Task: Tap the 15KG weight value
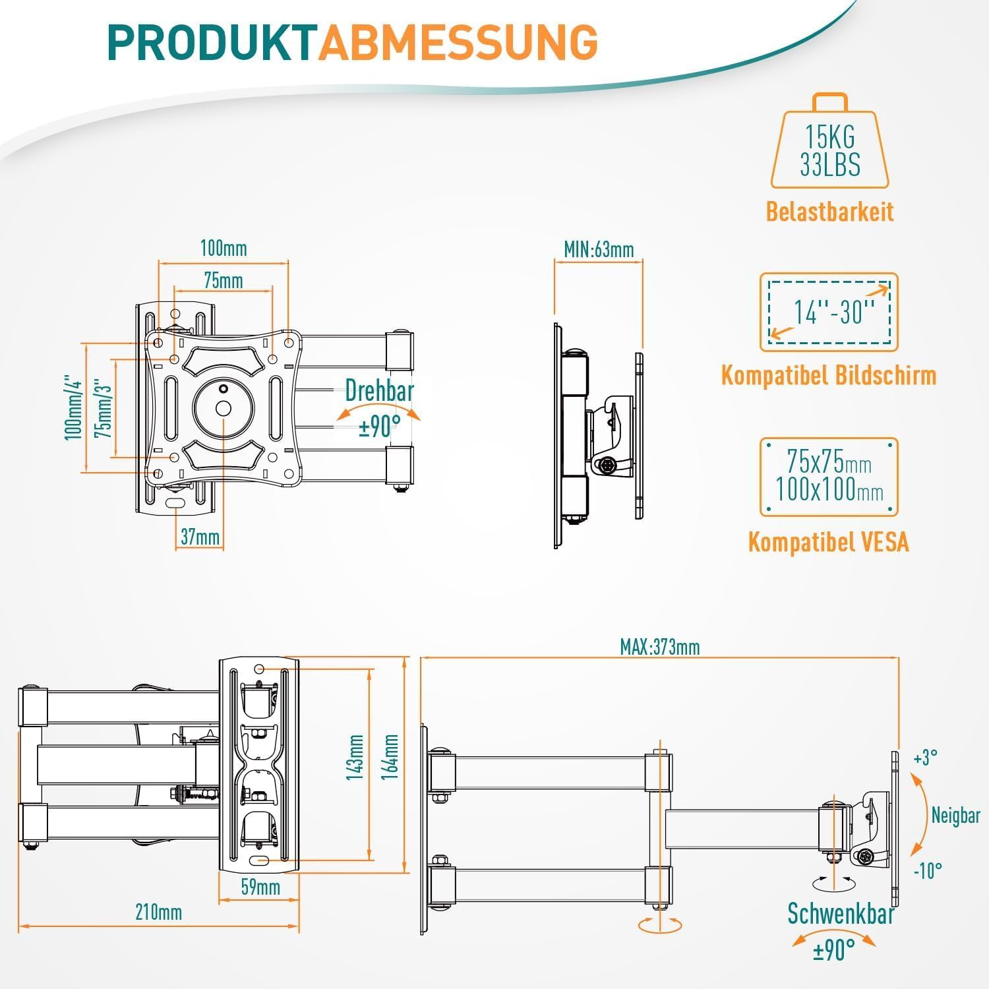829,137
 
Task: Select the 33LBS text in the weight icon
829,165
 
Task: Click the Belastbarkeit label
829,212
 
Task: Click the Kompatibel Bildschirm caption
829,375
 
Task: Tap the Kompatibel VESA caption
829,542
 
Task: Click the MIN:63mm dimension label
599,249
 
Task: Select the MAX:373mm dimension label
659,647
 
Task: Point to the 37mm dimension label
200,537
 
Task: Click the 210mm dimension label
158,913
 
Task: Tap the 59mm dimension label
260,887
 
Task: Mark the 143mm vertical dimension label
355,758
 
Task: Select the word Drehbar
379,391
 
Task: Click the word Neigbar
955,816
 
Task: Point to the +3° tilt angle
926,758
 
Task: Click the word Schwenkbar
841,914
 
